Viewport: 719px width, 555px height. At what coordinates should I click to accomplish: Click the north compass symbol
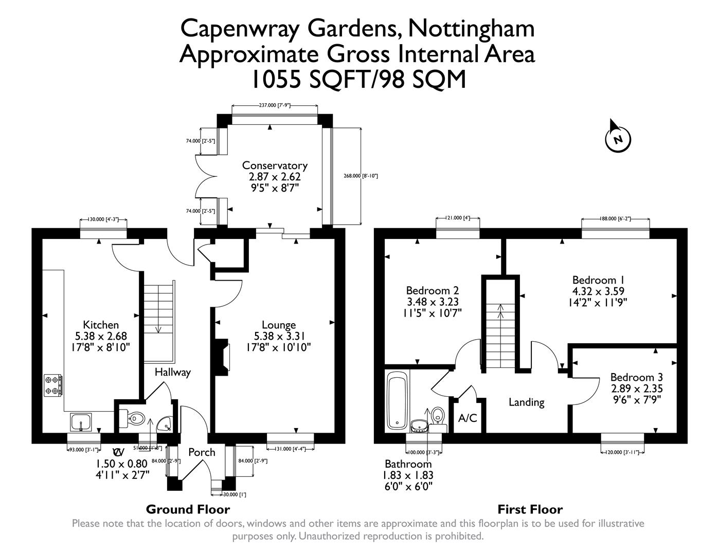pos(618,138)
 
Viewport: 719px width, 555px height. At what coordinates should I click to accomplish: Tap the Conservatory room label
pos(275,165)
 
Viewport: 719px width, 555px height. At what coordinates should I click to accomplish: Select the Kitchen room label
pos(101,325)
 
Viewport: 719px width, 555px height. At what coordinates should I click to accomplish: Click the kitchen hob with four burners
pos(54,385)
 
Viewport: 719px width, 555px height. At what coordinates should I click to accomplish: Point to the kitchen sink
pos(81,422)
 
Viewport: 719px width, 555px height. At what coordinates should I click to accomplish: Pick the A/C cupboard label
pos(468,418)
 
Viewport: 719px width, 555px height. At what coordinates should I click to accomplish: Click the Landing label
pos(526,402)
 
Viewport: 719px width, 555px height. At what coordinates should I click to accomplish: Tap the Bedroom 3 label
pos(636,377)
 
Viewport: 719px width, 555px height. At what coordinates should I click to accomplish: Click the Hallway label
pos(173,372)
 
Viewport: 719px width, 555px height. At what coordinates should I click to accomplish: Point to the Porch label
pos(202,452)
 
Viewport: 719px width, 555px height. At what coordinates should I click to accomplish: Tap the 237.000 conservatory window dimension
pos(274,105)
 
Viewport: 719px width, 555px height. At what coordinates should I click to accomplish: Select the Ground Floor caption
pos(188,509)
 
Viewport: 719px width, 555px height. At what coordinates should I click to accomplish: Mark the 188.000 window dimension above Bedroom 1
pos(615,219)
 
